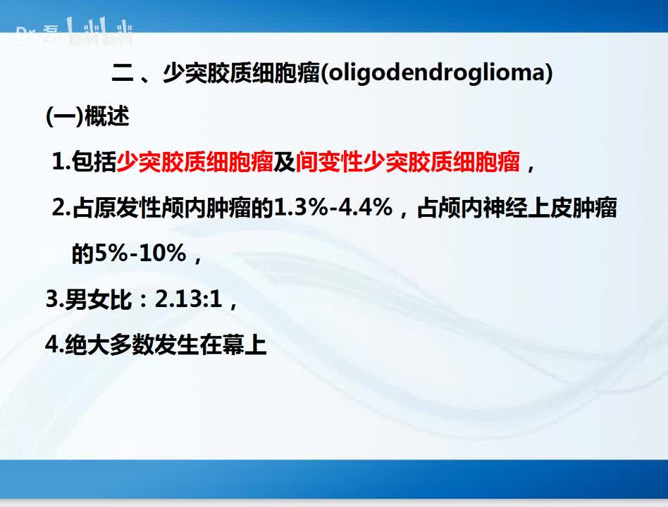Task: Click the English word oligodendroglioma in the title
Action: coord(436,73)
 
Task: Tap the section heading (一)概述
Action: coord(87,117)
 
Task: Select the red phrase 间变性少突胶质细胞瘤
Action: coord(408,163)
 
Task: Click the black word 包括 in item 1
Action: coord(94,163)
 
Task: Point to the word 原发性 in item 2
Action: coord(133,208)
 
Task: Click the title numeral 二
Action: coord(124,73)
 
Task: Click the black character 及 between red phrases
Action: coord(285,163)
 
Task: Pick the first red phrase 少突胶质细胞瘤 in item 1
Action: coord(194,163)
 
